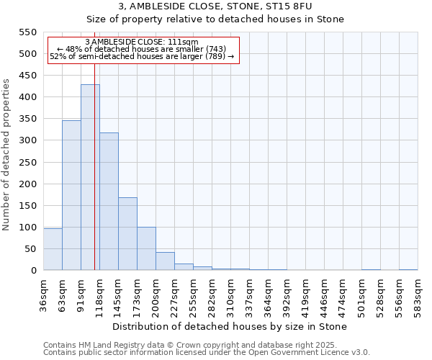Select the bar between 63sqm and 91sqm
(71, 195)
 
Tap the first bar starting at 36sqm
(53, 249)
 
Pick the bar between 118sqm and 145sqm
(109, 202)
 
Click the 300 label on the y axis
(27, 140)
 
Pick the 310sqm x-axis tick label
(230, 294)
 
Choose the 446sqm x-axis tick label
(324, 294)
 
